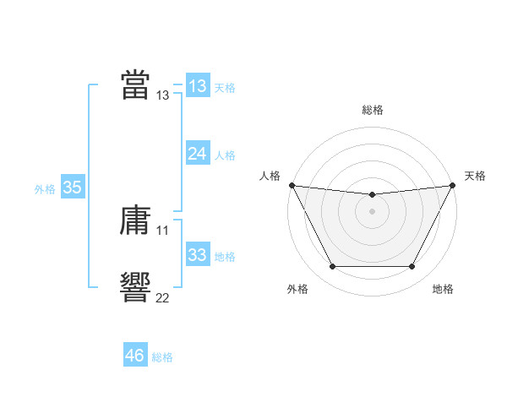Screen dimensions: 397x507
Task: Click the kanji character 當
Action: [x=135, y=84]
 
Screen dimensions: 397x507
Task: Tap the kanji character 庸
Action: [x=135, y=221]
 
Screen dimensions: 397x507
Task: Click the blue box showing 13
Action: [x=197, y=85]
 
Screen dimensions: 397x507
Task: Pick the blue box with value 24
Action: [x=197, y=154]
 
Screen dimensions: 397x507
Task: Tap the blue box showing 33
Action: [x=197, y=255]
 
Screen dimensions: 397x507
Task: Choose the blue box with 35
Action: [x=72, y=188]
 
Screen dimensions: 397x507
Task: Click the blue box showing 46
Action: [x=134, y=356]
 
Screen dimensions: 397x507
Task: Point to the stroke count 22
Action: [x=162, y=296]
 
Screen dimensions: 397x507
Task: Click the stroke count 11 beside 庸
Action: [x=162, y=230]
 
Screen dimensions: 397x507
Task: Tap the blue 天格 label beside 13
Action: [x=225, y=87]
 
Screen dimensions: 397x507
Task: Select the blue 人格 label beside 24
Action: [x=225, y=155]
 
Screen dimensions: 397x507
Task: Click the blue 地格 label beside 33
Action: [x=225, y=257]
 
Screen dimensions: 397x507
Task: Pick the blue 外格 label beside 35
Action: [x=45, y=189]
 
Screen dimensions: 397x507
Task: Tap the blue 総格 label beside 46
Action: [x=162, y=357]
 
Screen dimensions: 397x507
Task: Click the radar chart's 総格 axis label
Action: [x=372, y=110]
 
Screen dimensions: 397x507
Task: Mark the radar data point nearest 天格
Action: [x=454, y=185]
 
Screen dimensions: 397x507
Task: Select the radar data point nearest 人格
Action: [x=292, y=185]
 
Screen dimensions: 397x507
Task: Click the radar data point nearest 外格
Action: [x=332, y=267]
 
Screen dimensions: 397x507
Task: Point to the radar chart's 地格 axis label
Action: [x=443, y=290]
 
